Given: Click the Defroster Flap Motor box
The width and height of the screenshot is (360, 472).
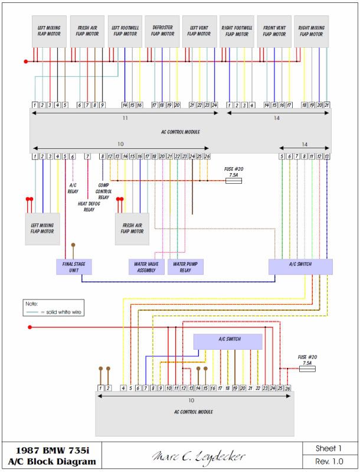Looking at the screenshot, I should (162, 31).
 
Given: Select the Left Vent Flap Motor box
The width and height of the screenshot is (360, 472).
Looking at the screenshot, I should (199, 31).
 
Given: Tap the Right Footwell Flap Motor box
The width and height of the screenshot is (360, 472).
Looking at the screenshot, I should (237, 31).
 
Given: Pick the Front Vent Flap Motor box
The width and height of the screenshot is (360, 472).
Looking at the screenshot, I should (275, 31).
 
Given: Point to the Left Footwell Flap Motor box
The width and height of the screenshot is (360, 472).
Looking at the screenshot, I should (125, 31).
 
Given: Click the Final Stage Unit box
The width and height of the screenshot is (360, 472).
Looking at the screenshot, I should (74, 267).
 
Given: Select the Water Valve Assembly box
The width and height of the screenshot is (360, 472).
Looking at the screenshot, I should (146, 267).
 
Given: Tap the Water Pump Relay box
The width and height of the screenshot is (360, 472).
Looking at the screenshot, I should (185, 267).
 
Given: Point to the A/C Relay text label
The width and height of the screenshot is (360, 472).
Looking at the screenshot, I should (74, 188).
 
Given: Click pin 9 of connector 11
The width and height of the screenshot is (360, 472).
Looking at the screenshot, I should (102, 105).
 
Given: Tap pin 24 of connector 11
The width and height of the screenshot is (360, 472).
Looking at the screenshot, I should (214, 105).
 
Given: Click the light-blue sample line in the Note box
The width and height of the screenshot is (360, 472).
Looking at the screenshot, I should (34, 311).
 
